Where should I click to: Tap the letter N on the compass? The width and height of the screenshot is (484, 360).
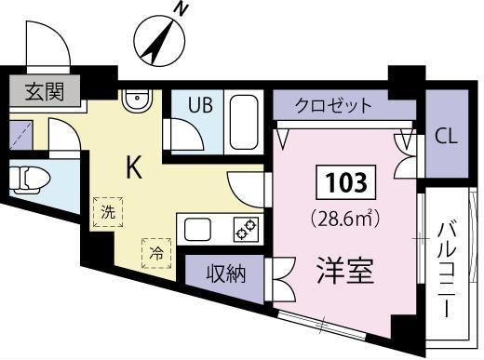[183, 11]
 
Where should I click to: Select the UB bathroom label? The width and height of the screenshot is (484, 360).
[201, 104]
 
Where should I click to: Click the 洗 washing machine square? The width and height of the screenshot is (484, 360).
[108, 212]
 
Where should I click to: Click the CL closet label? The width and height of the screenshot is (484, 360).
[448, 137]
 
